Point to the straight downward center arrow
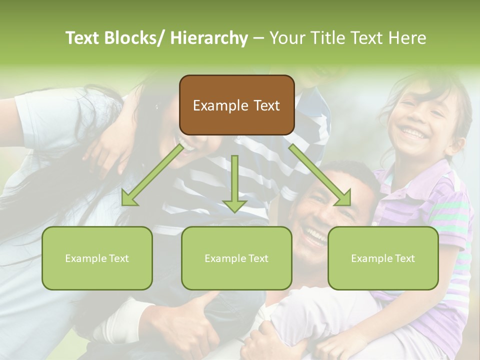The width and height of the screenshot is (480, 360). pyautogui.click(x=234, y=182)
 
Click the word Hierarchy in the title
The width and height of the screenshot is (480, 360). pyautogui.click(x=209, y=38)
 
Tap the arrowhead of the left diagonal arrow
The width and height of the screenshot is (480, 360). pyautogui.click(x=129, y=198)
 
